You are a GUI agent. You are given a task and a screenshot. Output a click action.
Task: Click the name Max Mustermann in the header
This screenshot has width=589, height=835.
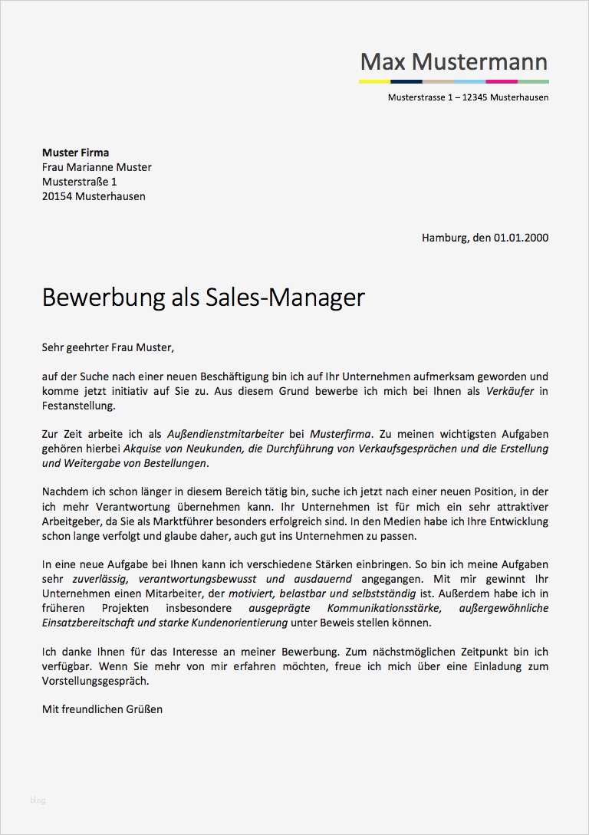point(454,61)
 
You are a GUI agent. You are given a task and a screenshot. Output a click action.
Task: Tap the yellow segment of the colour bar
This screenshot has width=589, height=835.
point(374,81)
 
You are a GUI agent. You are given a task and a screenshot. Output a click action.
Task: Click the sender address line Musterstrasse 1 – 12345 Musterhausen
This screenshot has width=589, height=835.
point(468,98)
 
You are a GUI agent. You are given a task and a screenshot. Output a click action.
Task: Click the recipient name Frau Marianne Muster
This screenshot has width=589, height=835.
point(97,167)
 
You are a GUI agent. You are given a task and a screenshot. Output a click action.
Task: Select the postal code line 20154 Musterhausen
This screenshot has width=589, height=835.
point(94,196)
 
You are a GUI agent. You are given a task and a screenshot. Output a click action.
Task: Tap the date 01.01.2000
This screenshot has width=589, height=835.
point(521,238)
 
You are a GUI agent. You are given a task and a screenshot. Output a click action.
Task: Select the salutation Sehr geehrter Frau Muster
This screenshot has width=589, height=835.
point(108,347)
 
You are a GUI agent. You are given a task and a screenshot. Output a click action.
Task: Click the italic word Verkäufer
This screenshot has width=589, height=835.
point(509,391)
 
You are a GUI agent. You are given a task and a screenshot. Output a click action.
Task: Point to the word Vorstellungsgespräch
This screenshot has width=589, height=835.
point(95,680)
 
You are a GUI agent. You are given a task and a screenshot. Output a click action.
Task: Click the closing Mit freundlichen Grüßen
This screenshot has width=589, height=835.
point(102,709)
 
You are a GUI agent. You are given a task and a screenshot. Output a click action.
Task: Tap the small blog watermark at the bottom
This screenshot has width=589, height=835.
point(38,800)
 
